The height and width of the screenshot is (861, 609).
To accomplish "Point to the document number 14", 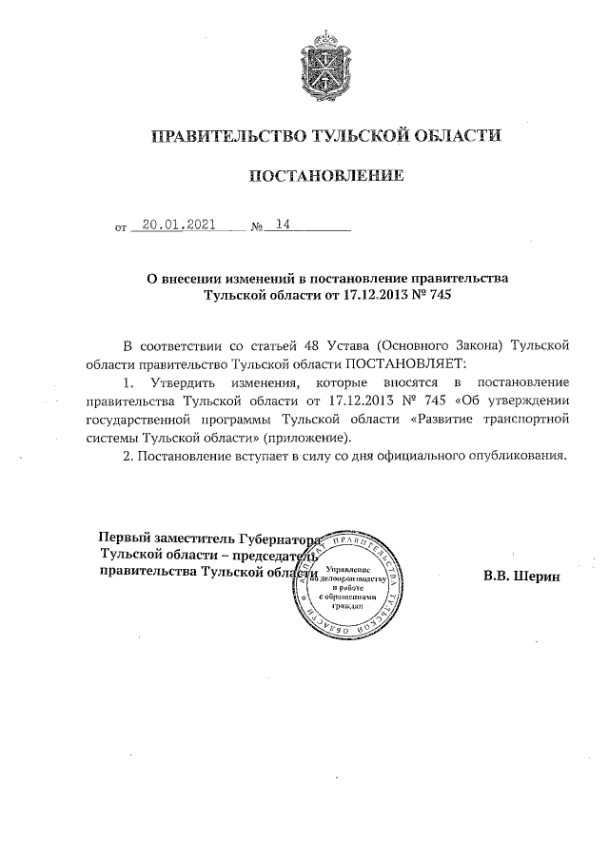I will click(x=281, y=225).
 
